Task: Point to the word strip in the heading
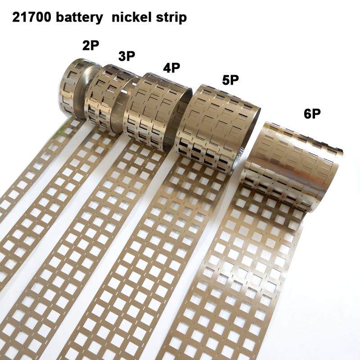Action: pos(171,18)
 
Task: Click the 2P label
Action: pos(90,45)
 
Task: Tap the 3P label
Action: pos(127,56)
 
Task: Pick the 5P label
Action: pos(229,81)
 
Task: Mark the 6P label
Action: pos(311,113)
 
